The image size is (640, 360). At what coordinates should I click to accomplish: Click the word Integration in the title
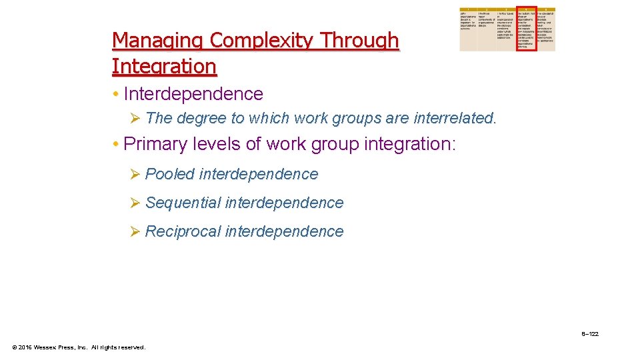point(164,67)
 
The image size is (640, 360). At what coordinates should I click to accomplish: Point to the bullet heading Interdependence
point(193,94)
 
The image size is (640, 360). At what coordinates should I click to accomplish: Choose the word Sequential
point(183,203)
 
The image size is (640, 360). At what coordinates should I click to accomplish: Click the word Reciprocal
point(183,231)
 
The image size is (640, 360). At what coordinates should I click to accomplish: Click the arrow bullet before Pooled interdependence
point(134,175)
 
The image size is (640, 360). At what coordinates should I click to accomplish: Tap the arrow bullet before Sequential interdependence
point(134,203)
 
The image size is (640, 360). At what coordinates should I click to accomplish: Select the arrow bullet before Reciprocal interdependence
point(134,232)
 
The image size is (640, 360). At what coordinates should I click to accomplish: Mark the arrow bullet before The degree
point(134,119)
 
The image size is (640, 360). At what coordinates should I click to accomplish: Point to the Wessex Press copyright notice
point(79,347)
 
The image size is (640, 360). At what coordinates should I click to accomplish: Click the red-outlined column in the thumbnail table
point(526,30)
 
